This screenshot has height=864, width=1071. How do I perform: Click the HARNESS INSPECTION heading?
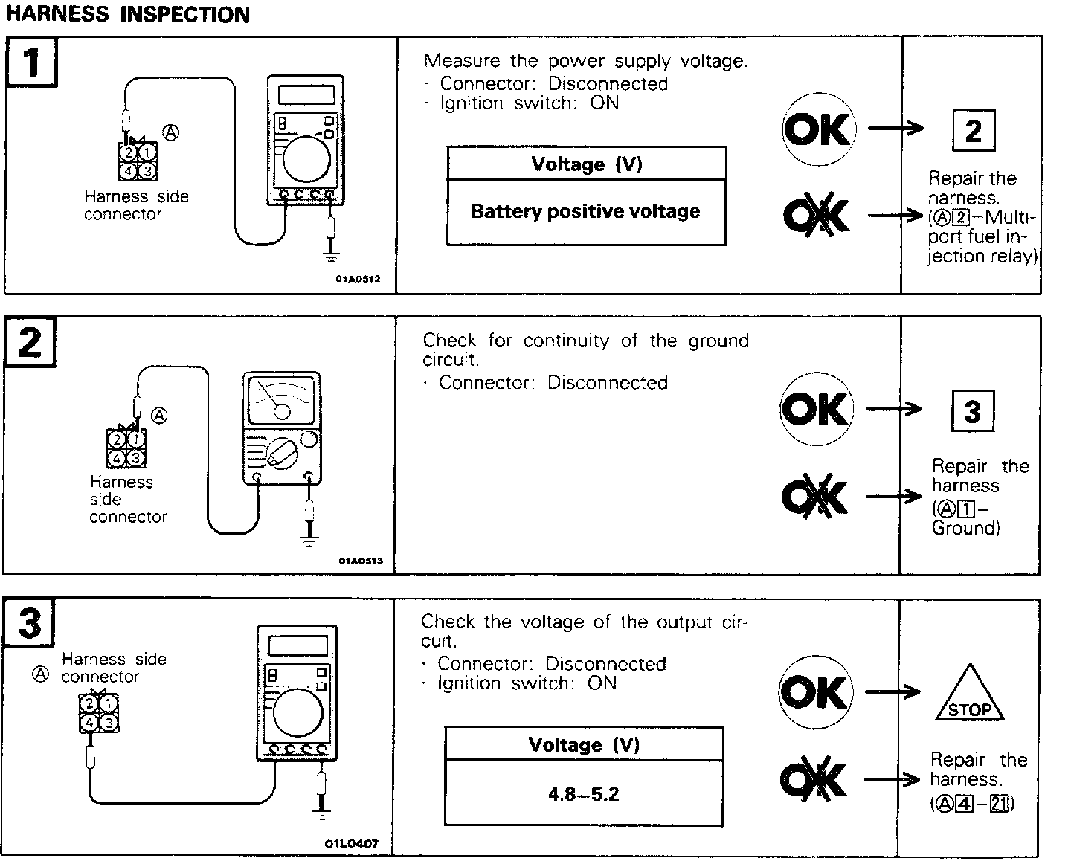(128, 14)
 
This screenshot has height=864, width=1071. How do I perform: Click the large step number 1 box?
(32, 62)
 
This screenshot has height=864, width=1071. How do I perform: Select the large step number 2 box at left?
(30, 343)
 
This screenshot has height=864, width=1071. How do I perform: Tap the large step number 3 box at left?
(30, 622)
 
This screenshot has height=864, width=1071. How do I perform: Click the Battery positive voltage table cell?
(585, 212)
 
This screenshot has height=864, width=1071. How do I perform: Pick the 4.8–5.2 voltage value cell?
(584, 794)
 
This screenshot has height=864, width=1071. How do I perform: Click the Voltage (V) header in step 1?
(586, 164)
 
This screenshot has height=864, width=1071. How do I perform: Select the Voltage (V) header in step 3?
(584, 744)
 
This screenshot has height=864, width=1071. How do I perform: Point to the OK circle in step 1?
(818, 129)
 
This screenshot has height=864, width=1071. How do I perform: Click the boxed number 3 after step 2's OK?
(972, 411)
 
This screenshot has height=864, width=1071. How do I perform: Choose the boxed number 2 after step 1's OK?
(974, 131)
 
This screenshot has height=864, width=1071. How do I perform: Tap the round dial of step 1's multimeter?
(306, 160)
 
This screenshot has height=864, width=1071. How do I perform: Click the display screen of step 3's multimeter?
(297, 645)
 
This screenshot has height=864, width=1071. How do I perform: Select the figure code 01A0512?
(358, 280)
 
